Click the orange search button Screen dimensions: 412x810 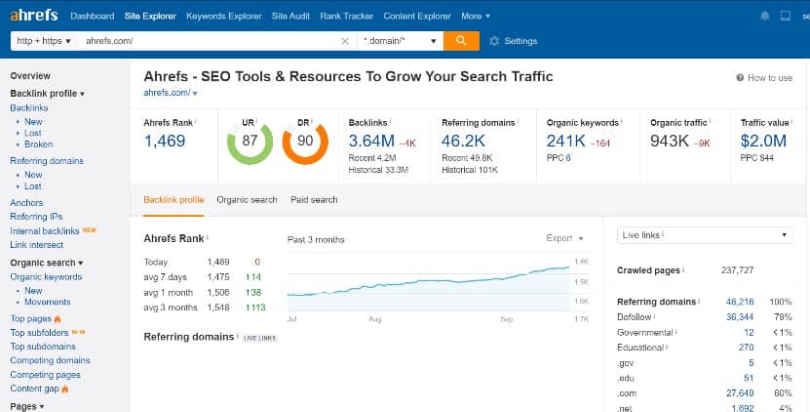460,41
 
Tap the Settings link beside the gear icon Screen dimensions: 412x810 521,41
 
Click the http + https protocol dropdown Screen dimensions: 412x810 43,41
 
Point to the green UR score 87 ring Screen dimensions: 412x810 251,142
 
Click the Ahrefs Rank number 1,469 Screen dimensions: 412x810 165,141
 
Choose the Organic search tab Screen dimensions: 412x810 247,199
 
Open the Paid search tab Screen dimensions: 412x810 314,199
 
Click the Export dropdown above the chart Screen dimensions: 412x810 564,238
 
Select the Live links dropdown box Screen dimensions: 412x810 705,235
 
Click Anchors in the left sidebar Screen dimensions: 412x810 26,203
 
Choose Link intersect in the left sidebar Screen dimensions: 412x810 36,244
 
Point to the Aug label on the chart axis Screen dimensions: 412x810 374,319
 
